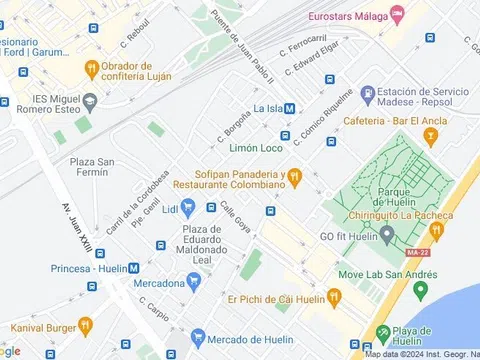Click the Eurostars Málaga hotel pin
pos(398,14)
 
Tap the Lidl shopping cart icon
pos(187,207)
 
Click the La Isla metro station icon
pos(289,109)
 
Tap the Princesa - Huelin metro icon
pos(133,268)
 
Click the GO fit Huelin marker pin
pos(387,233)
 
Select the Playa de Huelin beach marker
pos(381,333)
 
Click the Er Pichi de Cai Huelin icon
pos(334,297)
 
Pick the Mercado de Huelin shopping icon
pos(199,337)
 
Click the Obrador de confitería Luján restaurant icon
pos(92,68)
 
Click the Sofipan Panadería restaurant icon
pos(294,177)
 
